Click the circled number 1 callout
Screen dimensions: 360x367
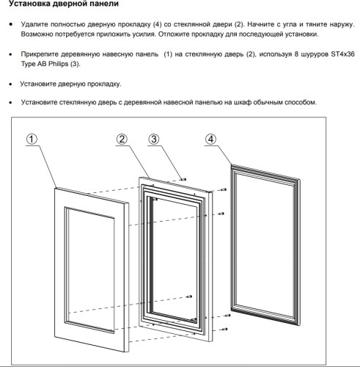pos(32,139)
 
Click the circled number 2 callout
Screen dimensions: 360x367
pos(122,139)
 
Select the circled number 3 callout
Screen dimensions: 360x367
pos(154,139)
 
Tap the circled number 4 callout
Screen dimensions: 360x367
pos(210,139)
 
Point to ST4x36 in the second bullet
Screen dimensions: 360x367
pos(342,54)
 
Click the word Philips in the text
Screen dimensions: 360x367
pos(58,64)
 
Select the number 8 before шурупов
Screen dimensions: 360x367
pos(296,54)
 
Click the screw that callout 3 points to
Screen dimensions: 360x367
pos(183,179)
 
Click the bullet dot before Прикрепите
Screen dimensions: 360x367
pos(10,54)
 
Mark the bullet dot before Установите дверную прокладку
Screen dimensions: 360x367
pos(10,84)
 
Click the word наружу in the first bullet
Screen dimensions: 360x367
pos(342,24)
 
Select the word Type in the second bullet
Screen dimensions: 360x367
pos(28,64)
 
